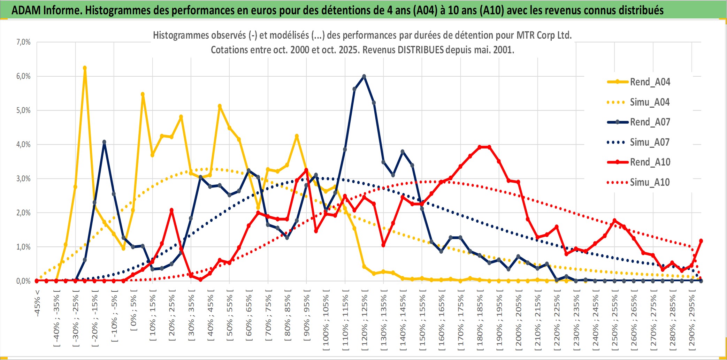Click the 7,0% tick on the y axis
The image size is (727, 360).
tap(23, 42)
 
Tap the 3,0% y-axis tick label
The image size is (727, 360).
tap(23, 179)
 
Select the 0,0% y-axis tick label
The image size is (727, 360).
tap(23, 281)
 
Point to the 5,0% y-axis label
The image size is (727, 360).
tap(23, 110)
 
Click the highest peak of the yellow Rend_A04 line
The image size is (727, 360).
tap(85, 68)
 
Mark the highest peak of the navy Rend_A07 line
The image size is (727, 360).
tap(364, 76)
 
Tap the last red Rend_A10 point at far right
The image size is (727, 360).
tap(701, 241)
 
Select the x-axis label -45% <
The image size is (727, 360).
tap(37, 303)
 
